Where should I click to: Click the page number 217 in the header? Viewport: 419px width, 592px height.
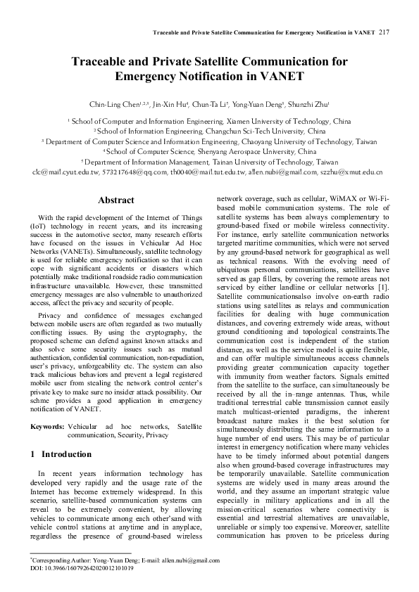384,32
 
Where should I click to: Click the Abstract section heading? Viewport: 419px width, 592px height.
115,200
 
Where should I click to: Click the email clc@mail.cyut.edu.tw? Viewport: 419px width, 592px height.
67,172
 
